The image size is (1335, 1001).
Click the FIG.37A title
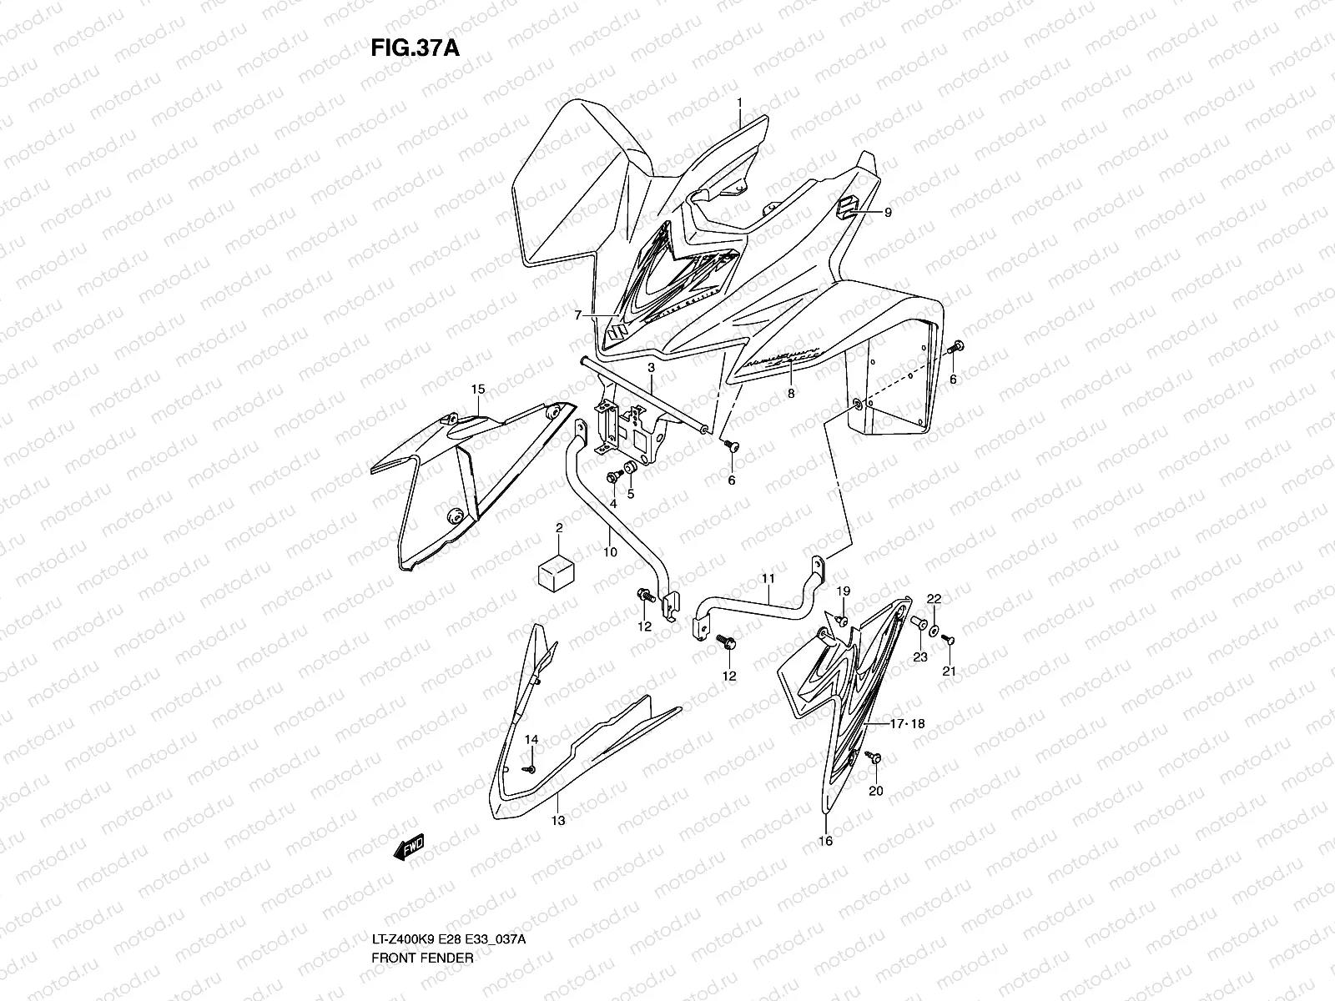tap(415, 48)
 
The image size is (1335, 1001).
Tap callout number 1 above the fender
tap(739, 103)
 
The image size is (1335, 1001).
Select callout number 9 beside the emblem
tap(888, 213)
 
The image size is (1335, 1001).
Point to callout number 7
tap(577, 315)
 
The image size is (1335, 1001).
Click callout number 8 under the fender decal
tap(791, 392)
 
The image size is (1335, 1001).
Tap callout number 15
tap(478, 390)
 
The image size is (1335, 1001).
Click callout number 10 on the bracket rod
tap(610, 552)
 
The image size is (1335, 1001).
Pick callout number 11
tap(768, 577)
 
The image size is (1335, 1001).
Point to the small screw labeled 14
tap(527, 768)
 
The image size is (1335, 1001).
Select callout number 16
tap(825, 842)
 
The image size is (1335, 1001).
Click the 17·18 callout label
tap(907, 725)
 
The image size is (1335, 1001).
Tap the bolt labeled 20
tap(873, 758)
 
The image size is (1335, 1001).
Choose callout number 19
tap(844, 591)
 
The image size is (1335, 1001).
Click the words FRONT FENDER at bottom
tap(423, 912)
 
